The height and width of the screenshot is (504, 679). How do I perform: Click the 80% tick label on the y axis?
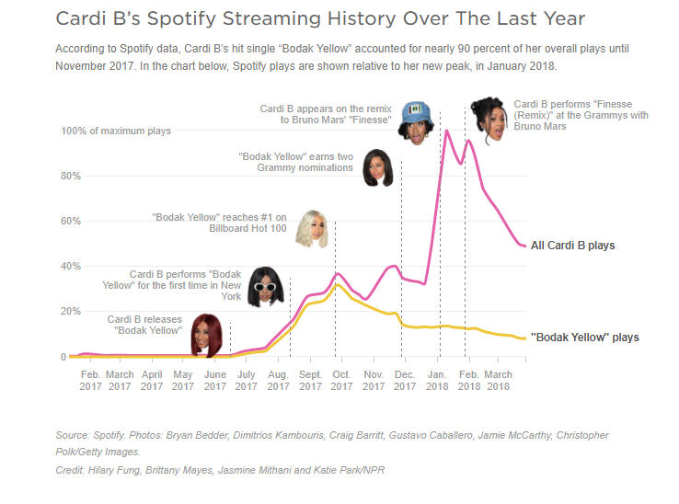click(71, 176)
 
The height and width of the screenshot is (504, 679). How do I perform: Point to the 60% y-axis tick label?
click(71, 221)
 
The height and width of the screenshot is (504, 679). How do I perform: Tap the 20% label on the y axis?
click(71, 311)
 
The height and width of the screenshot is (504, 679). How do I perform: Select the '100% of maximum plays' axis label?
click(116, 132)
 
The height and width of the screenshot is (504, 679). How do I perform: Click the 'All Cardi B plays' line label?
click(573, 246)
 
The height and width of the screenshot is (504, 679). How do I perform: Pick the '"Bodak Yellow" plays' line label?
click(585, 338)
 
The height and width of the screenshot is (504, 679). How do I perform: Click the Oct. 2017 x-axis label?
click(340, 381)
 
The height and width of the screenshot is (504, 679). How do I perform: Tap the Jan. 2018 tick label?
click(437, 381)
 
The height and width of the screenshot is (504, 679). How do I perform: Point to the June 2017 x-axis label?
click(214, 381)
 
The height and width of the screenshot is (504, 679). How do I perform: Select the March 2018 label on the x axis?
click(498, 381)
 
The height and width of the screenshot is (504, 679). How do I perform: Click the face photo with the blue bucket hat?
click(416, 121)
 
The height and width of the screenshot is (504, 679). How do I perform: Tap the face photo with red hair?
click(207, 335)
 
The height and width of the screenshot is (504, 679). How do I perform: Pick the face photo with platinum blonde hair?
click(311, 230)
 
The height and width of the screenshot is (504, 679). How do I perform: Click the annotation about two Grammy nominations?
click(295, 162)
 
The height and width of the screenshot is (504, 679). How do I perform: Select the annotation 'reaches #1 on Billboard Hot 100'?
click(219, 222)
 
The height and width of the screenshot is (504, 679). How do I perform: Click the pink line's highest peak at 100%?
click(447, 131)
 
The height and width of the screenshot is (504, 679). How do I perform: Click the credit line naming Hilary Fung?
click(221, 470)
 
